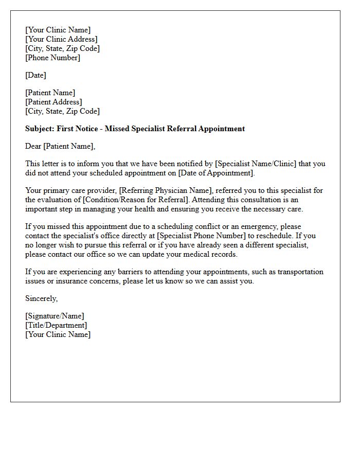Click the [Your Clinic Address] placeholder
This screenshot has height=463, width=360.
pos(61,39)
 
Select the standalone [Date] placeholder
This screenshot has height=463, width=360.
pos(35,75)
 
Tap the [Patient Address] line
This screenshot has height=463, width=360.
pos(53,102)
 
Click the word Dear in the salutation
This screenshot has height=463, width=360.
pos(33,146)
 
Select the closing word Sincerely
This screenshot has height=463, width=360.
pos(41,298)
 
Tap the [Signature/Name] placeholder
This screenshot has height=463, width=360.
pos(55,316)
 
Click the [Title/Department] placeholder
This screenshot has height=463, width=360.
pos(56,325)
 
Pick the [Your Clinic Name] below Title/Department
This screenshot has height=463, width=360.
pos(58,334)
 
